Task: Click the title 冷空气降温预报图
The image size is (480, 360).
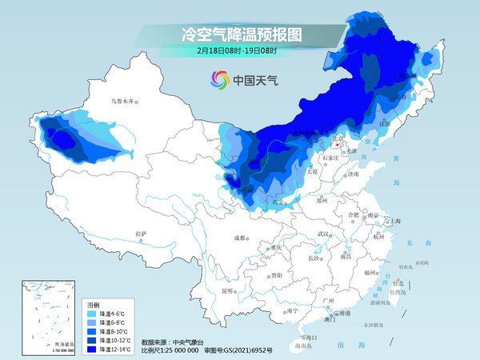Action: coord(239,34)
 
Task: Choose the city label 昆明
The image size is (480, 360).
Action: coord(229,290)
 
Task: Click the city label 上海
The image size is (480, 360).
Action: coord(394,221)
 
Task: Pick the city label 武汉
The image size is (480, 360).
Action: coord(324,234)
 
